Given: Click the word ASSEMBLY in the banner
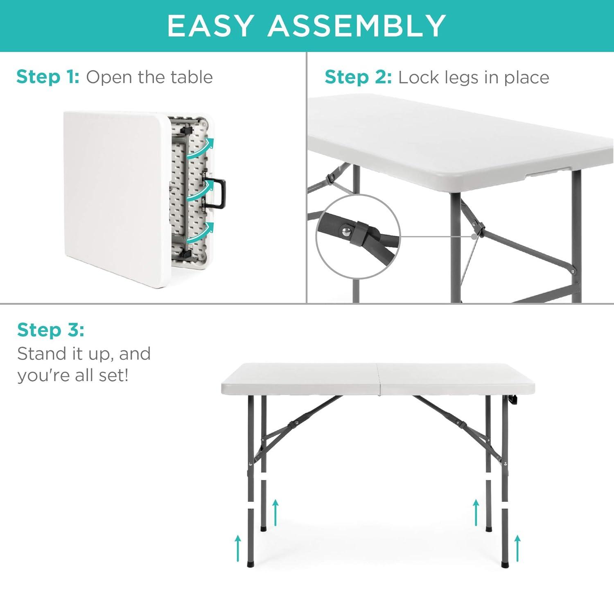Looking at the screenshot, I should point(357,26).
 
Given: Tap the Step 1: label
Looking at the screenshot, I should point(48,77).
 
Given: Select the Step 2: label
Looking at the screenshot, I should point(358,77).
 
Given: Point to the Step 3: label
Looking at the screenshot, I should point(51,330).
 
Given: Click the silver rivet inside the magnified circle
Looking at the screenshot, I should point(346,232).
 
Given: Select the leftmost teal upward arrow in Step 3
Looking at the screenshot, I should point(238,549).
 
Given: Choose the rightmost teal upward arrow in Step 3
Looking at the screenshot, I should point(518,549).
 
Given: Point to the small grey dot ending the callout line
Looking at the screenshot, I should point(474,237).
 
